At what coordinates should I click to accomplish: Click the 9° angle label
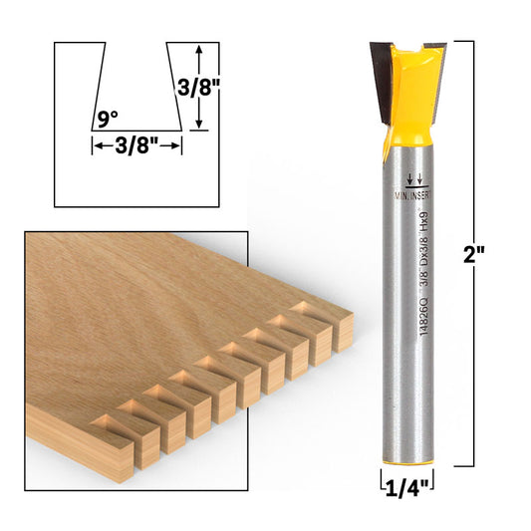108,120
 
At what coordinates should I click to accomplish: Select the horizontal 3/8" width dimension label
136,146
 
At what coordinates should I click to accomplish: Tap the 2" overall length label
474,254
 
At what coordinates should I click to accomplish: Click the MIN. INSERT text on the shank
412,195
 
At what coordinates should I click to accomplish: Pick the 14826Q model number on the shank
422,317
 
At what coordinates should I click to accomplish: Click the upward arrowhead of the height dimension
199,49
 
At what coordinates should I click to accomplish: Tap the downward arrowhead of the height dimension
199,123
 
